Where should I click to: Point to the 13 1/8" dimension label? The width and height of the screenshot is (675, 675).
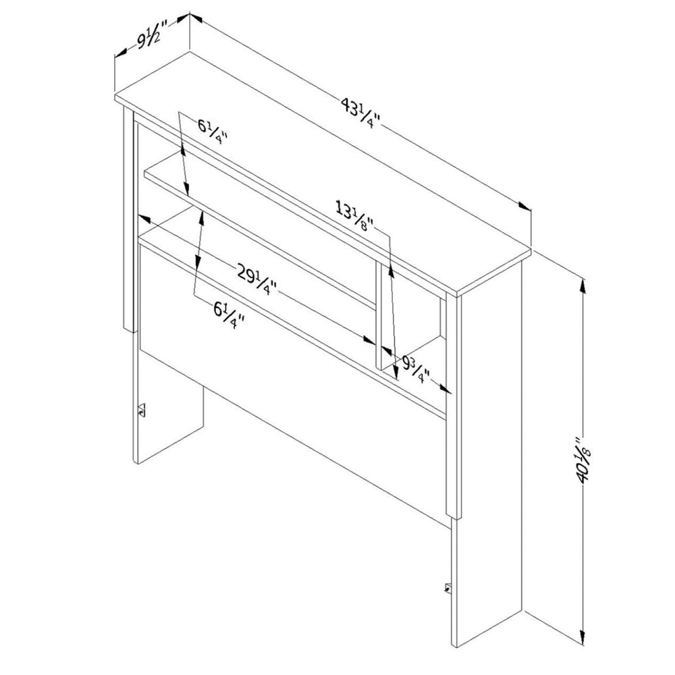[x=355, y=217]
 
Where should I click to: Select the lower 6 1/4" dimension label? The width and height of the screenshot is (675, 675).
[x=229, y=315]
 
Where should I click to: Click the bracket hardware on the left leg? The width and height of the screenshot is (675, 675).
[x=141, y=410]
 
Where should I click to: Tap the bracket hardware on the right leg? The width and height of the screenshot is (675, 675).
[x=448, y=588]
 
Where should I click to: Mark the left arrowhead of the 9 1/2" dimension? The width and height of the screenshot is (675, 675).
[x=121, y=53]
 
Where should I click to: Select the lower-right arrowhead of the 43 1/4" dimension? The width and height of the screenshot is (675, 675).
[x=524, y=206]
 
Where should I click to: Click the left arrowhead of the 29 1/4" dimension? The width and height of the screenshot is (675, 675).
[x=144, y=219]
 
